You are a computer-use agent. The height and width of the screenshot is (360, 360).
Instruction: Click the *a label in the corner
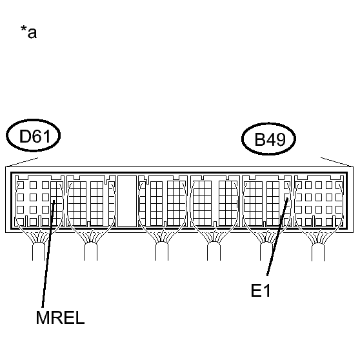(28, 32)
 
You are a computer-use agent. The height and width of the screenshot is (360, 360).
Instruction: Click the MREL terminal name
(60, 318)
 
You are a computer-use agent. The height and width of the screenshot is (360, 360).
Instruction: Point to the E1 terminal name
(261, 290)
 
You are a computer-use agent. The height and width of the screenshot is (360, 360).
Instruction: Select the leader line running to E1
(277, 237)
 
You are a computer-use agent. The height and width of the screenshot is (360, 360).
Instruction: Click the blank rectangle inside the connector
(127, 201)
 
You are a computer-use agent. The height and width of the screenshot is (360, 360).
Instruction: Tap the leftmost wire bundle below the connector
(39, 252)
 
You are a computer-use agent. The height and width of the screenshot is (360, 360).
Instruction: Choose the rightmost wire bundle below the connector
(318, 252)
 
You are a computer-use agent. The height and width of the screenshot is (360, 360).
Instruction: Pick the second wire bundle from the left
(91, 252)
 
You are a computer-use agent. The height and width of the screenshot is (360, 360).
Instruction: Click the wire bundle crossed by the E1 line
(266, 252)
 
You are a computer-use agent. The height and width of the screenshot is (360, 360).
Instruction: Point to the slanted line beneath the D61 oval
(22, 162)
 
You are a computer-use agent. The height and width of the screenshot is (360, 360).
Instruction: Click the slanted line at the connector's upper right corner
(337, 162)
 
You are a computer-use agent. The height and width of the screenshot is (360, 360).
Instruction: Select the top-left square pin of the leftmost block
(21, 185)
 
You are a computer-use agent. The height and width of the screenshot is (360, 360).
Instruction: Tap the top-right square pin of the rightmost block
(339, 185)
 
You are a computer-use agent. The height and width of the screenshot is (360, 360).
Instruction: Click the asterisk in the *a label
(24, 28)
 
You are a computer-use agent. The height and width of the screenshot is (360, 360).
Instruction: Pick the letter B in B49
(260, 139)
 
